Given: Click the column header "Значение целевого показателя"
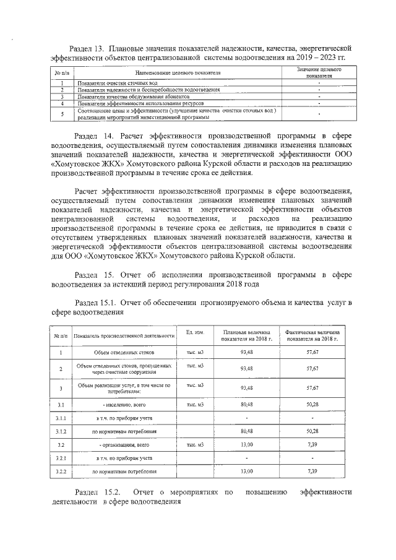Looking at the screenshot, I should tap(319, 72).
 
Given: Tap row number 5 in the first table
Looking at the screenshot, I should tap(62, 114).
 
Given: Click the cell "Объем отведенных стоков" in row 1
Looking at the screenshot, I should tap(124, 352).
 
